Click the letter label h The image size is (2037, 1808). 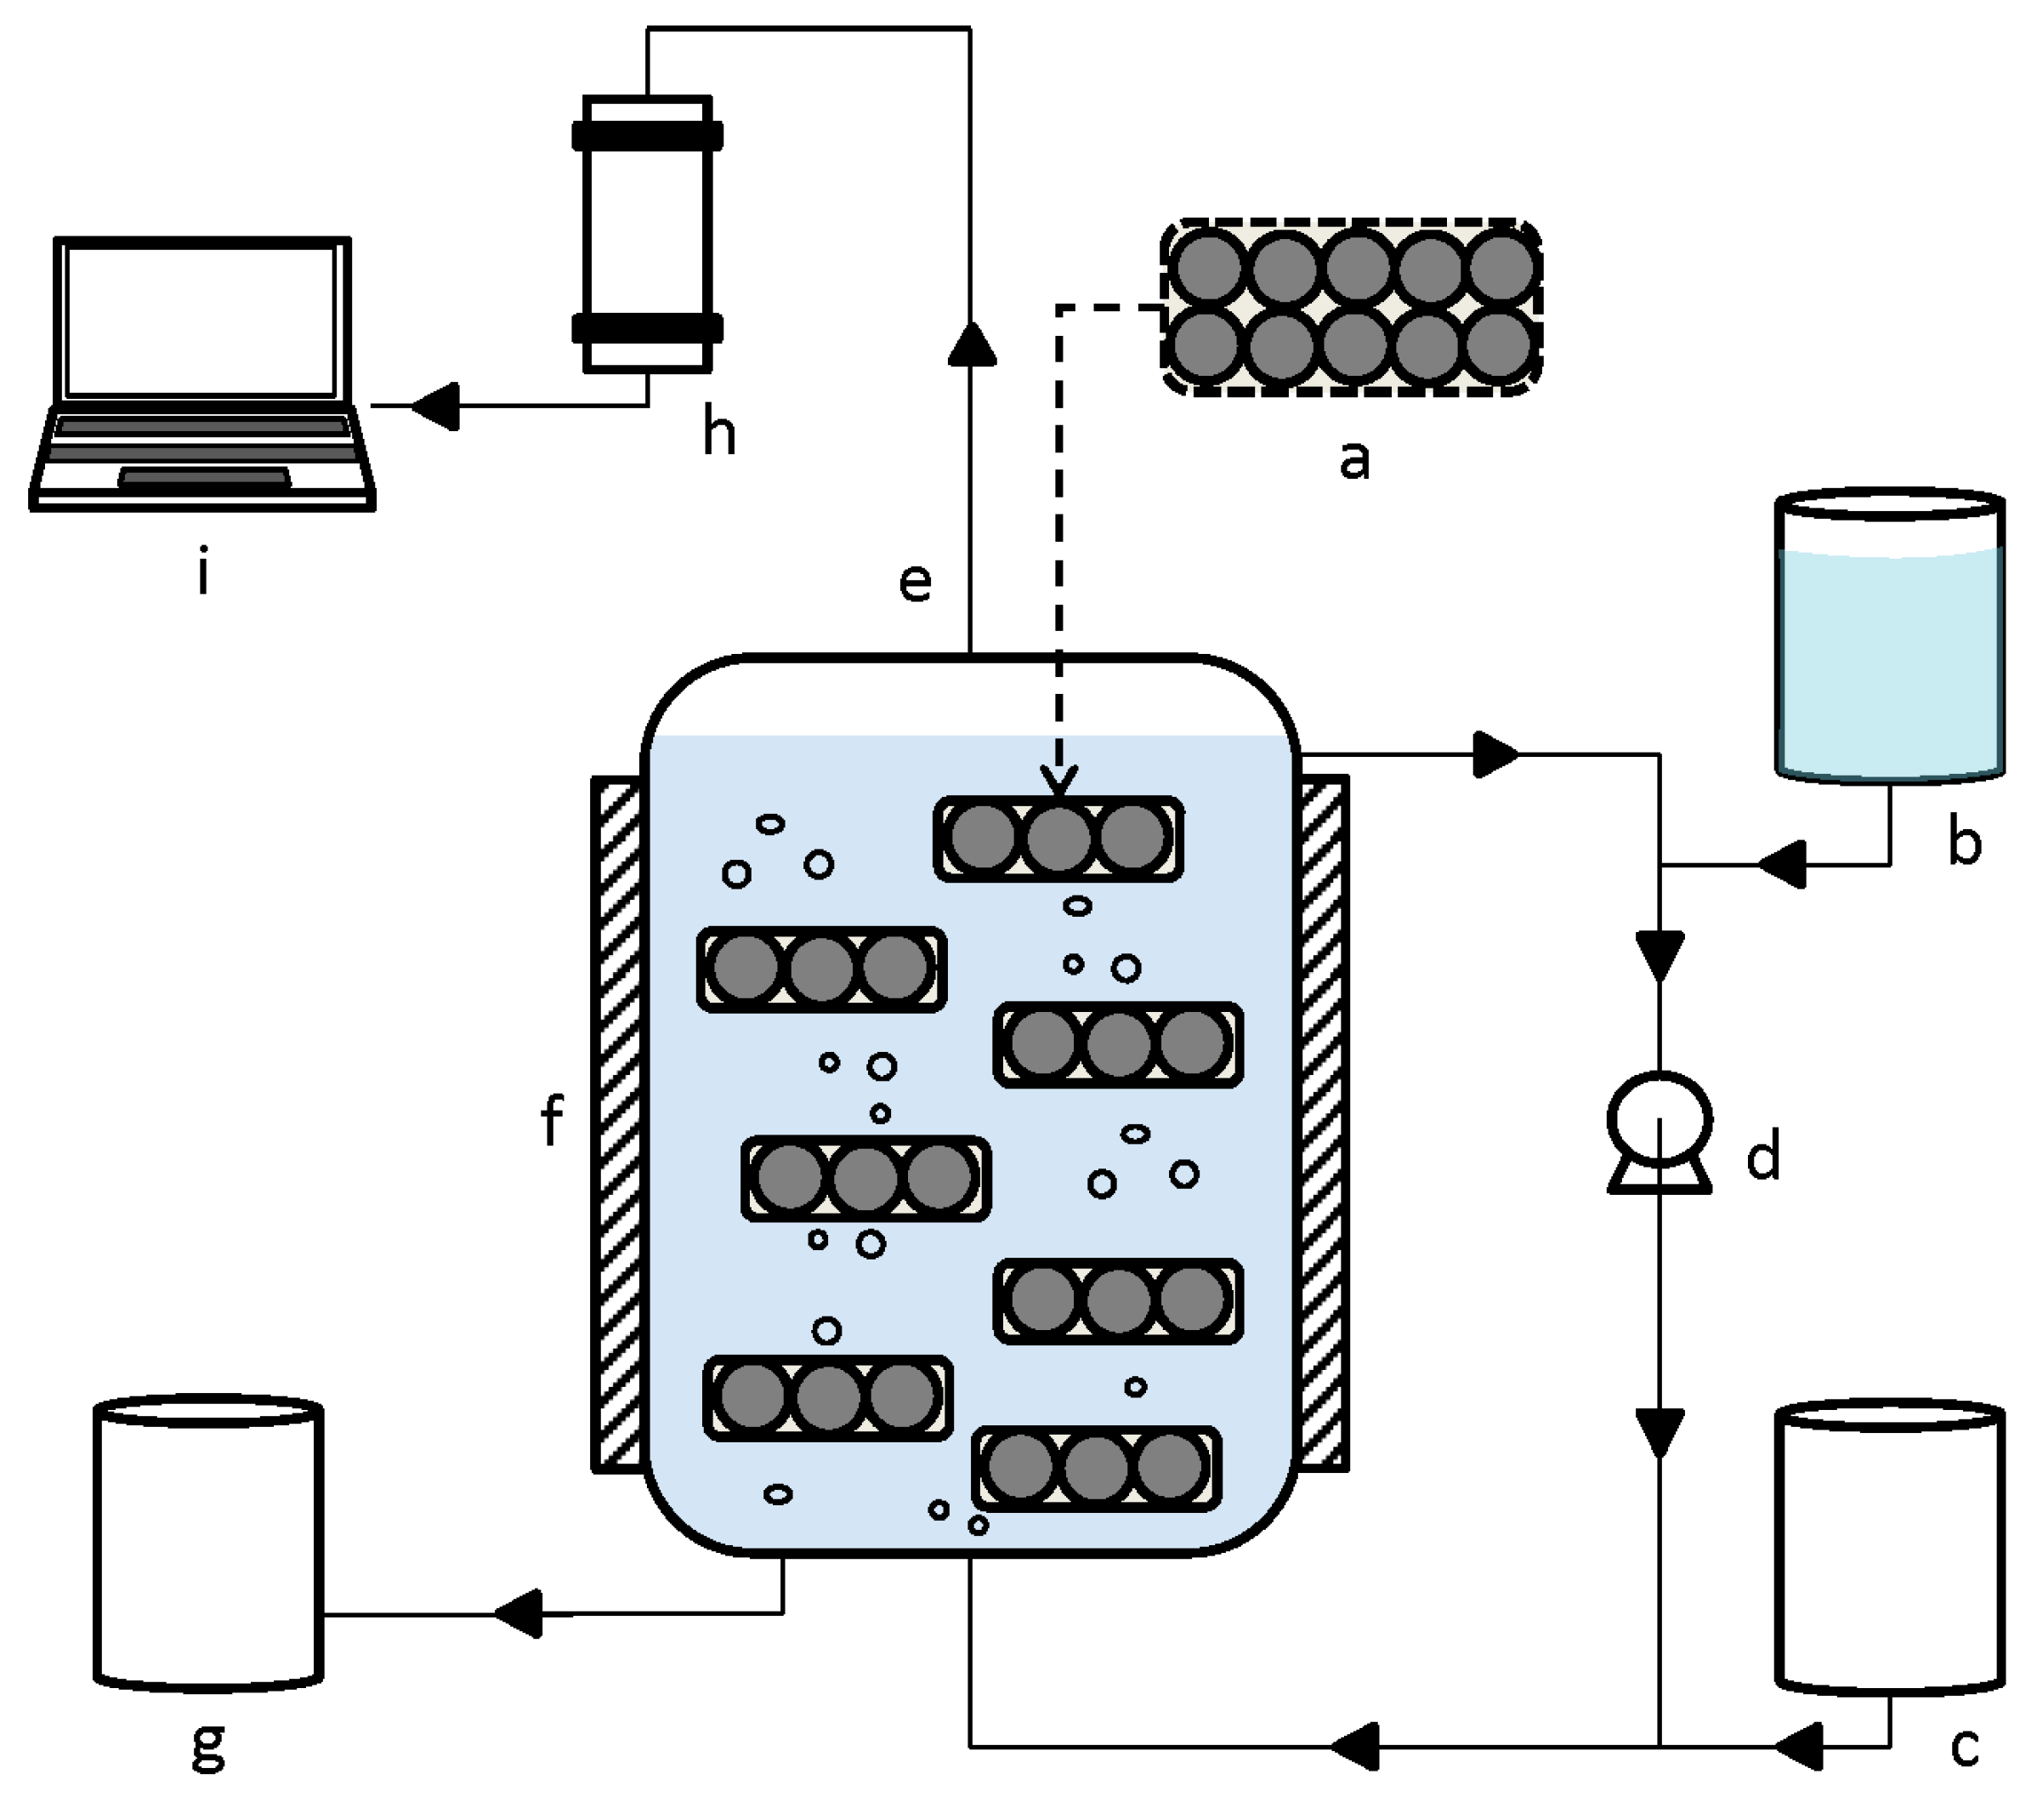coord(718,434)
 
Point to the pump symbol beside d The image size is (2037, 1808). coord(1660,1130)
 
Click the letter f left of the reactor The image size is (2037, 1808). coord(551,1120)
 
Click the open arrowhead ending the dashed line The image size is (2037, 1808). coord(1058,781)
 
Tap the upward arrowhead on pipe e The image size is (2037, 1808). coord(971,344)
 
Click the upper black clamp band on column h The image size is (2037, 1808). coord(647,135)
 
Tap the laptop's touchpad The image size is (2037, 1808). coord(205,479)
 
